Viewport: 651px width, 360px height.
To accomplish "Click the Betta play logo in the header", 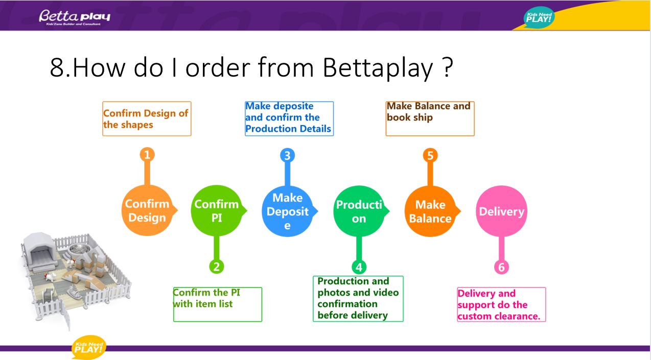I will click(x=75, y=17).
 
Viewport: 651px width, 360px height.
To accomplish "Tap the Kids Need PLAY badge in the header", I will click(x=539, y=17).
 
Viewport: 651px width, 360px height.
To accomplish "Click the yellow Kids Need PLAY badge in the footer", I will click(x=89, y=347).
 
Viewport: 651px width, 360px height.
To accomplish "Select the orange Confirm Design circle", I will click(x=147, y=210).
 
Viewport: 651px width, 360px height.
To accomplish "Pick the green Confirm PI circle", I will click(x=217, y=210).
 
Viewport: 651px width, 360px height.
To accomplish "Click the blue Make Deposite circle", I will click(x=287, y=210).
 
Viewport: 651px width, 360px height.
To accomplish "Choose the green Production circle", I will click(x=359, y=210).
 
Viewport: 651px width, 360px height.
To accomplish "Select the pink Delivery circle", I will click(x=501, y=211).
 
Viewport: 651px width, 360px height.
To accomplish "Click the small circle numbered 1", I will click(x=147, y=154).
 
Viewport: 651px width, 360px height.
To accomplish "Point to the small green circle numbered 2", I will click(x=217, y=266).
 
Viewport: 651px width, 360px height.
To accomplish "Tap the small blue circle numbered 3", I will click(x=287, y=155).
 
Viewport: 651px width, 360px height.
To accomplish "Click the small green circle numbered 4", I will click(x=359, y=267).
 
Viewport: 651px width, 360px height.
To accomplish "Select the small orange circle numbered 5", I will click(x=430, y=155).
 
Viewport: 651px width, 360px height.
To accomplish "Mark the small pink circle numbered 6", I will click(x=501, y=267).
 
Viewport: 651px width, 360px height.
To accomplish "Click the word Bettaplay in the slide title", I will click(x=378, y=67).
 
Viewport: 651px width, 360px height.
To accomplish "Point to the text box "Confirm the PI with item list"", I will click(x=218, y=304).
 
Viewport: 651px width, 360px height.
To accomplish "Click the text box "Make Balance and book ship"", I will click(x=430, y=118).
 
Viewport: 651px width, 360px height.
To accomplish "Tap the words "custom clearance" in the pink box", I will click(x=499, y=316).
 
